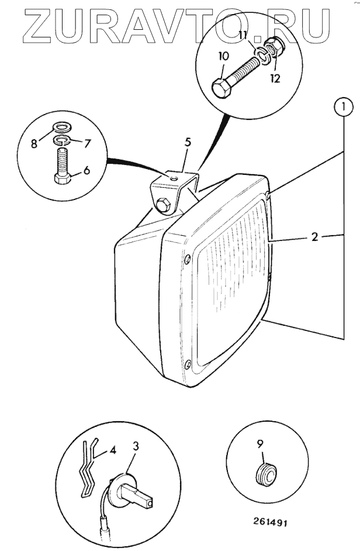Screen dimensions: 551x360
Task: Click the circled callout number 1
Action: (x=344, y=106)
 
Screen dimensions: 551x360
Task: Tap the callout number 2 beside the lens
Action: (x=314, y=238)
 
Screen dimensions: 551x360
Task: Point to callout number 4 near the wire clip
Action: (x=113, y=451)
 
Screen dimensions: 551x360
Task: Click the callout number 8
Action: (x=34, y=143)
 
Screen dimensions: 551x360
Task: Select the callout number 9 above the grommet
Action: (x=261, y=443)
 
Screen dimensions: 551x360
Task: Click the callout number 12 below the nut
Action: (x=275, y=78)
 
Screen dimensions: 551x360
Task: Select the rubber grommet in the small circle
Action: (x=266, y=472)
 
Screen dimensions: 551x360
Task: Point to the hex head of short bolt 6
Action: (x=61, y=178)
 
